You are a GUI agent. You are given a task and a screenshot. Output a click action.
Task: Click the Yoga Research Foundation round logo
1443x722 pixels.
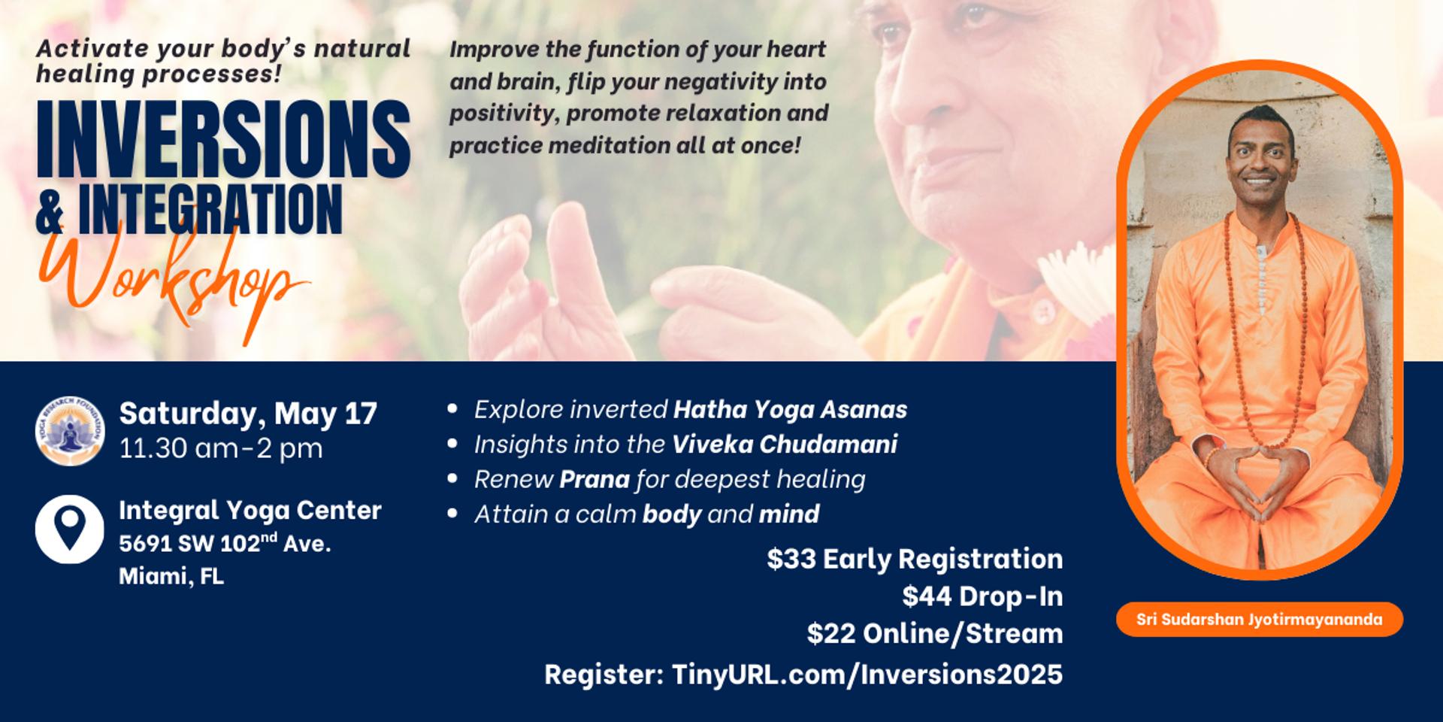click(x=70, y=431)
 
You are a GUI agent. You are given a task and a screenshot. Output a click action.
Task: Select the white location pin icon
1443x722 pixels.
click(x=70, y=529)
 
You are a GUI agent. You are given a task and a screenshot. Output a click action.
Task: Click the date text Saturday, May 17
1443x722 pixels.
click(x=248, y=414)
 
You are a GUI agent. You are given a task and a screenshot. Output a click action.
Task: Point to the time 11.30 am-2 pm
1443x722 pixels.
click(x=221, y=448)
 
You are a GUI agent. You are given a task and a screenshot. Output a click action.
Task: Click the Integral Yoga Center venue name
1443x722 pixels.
click(x=250, y=510)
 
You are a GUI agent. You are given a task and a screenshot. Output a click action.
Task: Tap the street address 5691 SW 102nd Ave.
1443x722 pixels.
click(x=225, y=543)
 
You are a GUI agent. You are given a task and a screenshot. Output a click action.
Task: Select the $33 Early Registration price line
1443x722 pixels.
click(x=915, y=559)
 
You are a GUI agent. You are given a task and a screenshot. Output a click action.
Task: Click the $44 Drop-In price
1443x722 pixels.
click(x=982, y=596)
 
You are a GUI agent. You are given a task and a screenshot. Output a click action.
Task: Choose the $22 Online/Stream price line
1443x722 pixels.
click(x=935, y=633)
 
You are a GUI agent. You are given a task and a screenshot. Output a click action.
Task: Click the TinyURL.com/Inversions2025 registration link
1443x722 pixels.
click(x=867, y=674)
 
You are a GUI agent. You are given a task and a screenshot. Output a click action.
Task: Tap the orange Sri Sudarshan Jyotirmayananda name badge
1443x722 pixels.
click(x=1259, y=620)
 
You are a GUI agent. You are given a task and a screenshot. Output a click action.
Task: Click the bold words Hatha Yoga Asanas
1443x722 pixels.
click(x=790, y=409)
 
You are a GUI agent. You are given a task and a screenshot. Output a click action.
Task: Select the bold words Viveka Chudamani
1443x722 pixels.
click(x=784, y=444)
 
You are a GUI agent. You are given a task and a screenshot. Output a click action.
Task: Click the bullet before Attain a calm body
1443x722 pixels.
click(x=452, y=514)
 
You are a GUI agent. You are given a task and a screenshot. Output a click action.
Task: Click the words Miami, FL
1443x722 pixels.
click(x=171, y=577)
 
